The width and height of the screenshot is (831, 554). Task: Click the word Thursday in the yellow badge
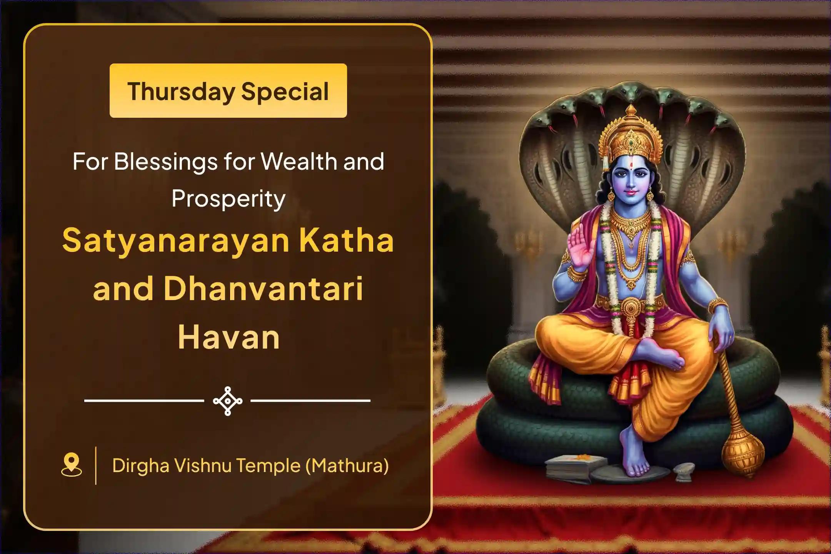pos(181,92)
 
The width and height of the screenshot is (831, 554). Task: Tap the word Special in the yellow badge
pos(285,92)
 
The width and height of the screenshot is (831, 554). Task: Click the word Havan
pos(229,337)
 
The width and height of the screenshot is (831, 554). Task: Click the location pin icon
pos(72,465)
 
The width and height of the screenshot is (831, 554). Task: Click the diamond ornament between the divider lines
pos(228,401)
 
